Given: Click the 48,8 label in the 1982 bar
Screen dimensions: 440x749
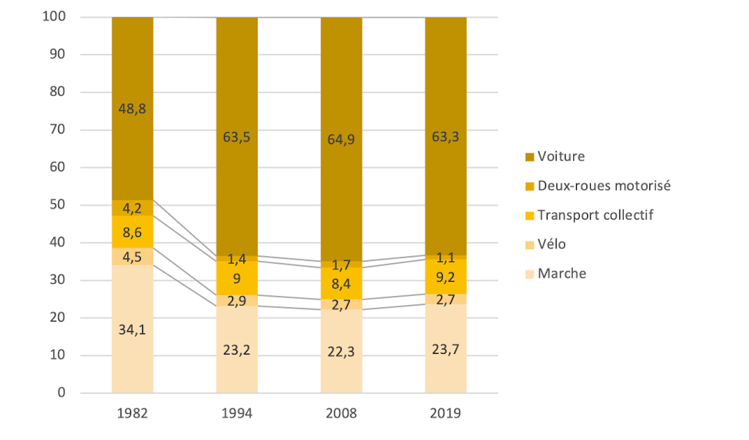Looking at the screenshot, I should coord(132,108).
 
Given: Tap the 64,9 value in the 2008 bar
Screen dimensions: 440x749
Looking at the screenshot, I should coord(341,137).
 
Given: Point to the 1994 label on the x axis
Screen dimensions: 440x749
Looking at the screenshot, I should coord(237,413).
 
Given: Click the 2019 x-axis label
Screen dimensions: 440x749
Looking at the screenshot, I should coord(446,413).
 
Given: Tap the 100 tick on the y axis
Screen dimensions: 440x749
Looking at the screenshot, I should coord(56,17).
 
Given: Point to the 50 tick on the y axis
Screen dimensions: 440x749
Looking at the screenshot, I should coord(59,205).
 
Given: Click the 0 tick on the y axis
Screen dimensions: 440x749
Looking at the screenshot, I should coord(63,393).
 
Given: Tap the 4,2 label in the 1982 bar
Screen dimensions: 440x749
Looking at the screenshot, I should coord(132,208).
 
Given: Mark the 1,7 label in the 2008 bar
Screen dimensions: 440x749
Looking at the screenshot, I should coord(341,264).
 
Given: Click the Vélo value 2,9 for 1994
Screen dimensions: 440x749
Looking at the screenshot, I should coord(237,300).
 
